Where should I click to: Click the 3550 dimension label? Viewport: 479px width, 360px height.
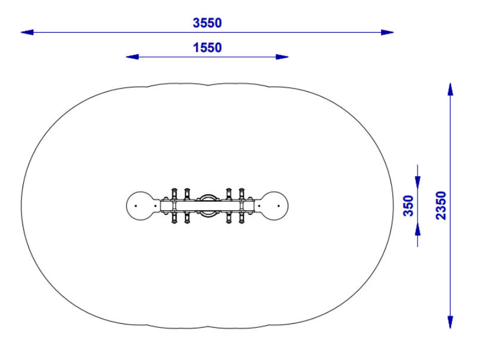207,23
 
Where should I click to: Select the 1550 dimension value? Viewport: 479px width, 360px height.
207,48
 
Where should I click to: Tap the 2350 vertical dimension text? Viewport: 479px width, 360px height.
441,205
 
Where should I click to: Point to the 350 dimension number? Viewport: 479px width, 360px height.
408,206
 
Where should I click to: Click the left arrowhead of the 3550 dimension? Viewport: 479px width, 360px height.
27,32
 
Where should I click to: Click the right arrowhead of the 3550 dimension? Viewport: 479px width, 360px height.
387,32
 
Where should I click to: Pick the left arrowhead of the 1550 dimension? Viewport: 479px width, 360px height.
133,57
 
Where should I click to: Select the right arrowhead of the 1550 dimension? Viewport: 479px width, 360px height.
282,57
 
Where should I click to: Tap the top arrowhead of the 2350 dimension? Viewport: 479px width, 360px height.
450,89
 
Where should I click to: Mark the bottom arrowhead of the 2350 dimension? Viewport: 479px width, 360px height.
450,322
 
